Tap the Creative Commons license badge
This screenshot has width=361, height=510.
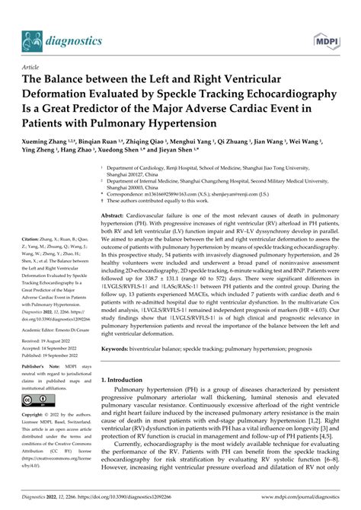point(39,400)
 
